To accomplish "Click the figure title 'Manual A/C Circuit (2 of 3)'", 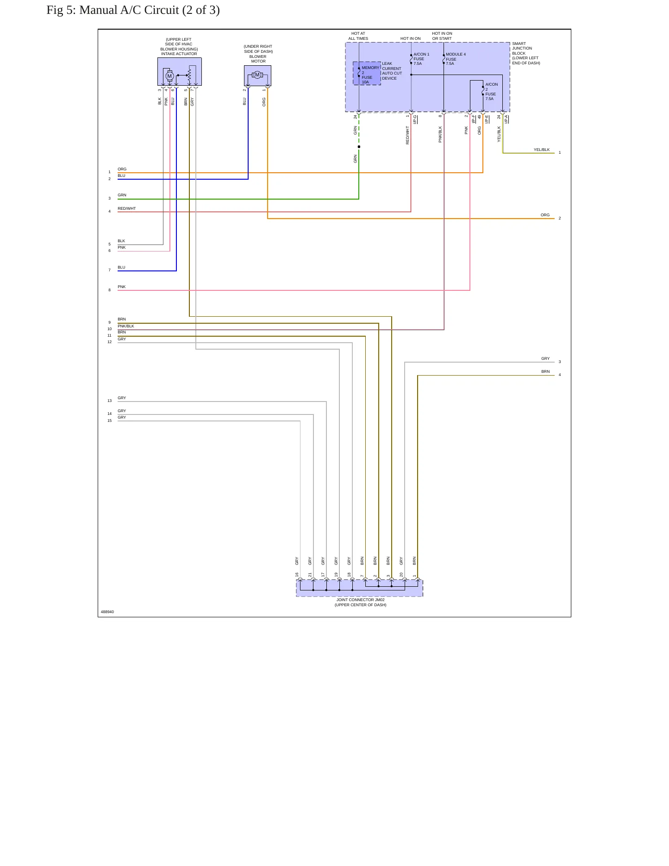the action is tap(150, 10).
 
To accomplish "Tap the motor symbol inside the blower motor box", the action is tap(257, 75).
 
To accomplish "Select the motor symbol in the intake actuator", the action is tap(169, 76).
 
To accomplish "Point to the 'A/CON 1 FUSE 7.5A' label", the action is tap(421, 59).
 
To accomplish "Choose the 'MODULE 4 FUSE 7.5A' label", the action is tap(456, 59).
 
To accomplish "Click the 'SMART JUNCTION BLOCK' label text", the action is tap(522, 49).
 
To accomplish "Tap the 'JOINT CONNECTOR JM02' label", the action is tap(360, 600).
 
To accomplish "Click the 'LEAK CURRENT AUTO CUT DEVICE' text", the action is tap(392, 71).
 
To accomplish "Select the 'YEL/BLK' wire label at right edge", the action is tap(541, 150).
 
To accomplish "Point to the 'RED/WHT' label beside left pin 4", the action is tap(126, 209).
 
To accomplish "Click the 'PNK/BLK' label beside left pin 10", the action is tap(125, 326).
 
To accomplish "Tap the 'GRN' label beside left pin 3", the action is tap(122, 195).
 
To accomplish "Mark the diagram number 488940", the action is tap(107, 612).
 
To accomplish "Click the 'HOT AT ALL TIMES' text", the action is tap(358, 36).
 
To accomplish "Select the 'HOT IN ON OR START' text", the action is tap(442, 36).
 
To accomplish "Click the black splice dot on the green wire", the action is tap(359, 147).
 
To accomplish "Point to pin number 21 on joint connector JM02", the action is tap(310, 575).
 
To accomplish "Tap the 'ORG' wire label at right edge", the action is tap(545, 215).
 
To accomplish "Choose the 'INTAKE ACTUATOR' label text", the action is tap(179, 54).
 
